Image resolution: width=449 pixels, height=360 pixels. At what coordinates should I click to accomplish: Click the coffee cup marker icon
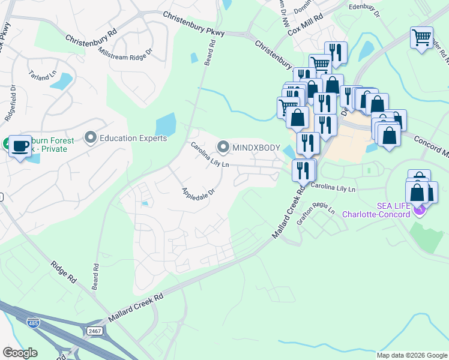(20, 146)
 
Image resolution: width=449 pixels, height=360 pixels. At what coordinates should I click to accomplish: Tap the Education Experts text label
(133, 139)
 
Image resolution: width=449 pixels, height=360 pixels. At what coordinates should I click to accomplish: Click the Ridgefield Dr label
(10, 106)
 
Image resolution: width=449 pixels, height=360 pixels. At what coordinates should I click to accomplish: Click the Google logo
(20, 353)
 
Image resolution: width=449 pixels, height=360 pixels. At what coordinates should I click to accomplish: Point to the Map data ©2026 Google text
(411, 355)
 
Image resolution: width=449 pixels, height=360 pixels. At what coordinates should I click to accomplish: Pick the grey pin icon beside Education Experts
(91, 139)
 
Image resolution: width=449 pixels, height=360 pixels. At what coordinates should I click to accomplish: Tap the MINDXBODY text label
(257, 147)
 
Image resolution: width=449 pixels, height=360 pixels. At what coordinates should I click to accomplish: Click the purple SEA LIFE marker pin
(420, 208)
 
